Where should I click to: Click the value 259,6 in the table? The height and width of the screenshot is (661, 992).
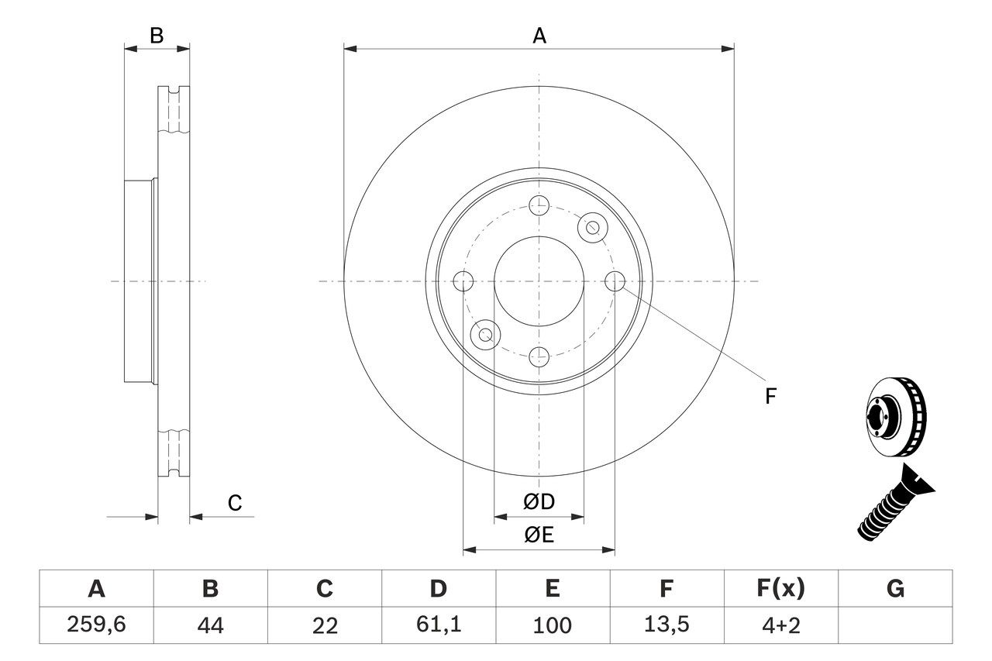(96, 625)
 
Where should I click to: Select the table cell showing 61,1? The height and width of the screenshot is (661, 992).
(439, 625)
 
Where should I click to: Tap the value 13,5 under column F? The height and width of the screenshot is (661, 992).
(666, 625)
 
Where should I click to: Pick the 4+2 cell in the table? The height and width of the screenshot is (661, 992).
(780, 625)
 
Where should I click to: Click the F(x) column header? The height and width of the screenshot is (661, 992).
(780, 590)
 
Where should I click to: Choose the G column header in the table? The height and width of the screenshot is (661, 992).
(895, 590)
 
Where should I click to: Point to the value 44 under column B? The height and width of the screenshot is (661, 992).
(210, 625)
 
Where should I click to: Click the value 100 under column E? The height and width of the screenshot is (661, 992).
(552, 625)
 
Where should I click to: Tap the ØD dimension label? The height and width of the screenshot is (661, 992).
(539, 502)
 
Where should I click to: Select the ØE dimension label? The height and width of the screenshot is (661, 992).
(539, 535)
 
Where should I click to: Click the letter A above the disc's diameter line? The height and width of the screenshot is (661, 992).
(539, 36)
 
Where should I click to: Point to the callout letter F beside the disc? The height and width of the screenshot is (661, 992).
(770, 397)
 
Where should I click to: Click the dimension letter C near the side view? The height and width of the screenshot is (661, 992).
(235, 503)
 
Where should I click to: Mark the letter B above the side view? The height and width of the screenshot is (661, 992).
(157, 36)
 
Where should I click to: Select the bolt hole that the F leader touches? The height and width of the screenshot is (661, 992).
(615, 281)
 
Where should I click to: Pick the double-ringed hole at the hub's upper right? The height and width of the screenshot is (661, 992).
(593, 227)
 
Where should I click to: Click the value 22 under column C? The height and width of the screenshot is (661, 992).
(325, 625)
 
